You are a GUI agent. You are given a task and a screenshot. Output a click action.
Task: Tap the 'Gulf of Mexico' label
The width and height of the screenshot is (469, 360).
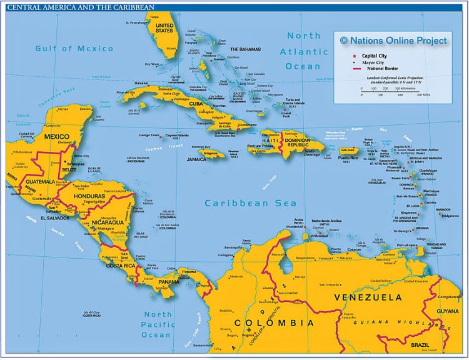tap(74, 49)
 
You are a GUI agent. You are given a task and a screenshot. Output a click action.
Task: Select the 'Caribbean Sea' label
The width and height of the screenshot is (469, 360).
tap(246, 203)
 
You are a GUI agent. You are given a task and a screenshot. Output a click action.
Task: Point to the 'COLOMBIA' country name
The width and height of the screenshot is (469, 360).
tap(274, 323)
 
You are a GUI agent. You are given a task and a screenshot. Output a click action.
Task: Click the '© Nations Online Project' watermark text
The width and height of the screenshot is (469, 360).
tap(393, 41)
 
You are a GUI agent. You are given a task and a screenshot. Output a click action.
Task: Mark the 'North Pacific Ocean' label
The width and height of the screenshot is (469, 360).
tap(156, 324)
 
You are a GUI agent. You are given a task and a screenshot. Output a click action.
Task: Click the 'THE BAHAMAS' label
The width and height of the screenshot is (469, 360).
tap(245, 49)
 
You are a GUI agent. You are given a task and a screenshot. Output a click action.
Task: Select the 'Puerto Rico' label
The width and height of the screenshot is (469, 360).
tap(349, 158)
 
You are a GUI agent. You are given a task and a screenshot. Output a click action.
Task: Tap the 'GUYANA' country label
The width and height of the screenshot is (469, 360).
tap(447, 311)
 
